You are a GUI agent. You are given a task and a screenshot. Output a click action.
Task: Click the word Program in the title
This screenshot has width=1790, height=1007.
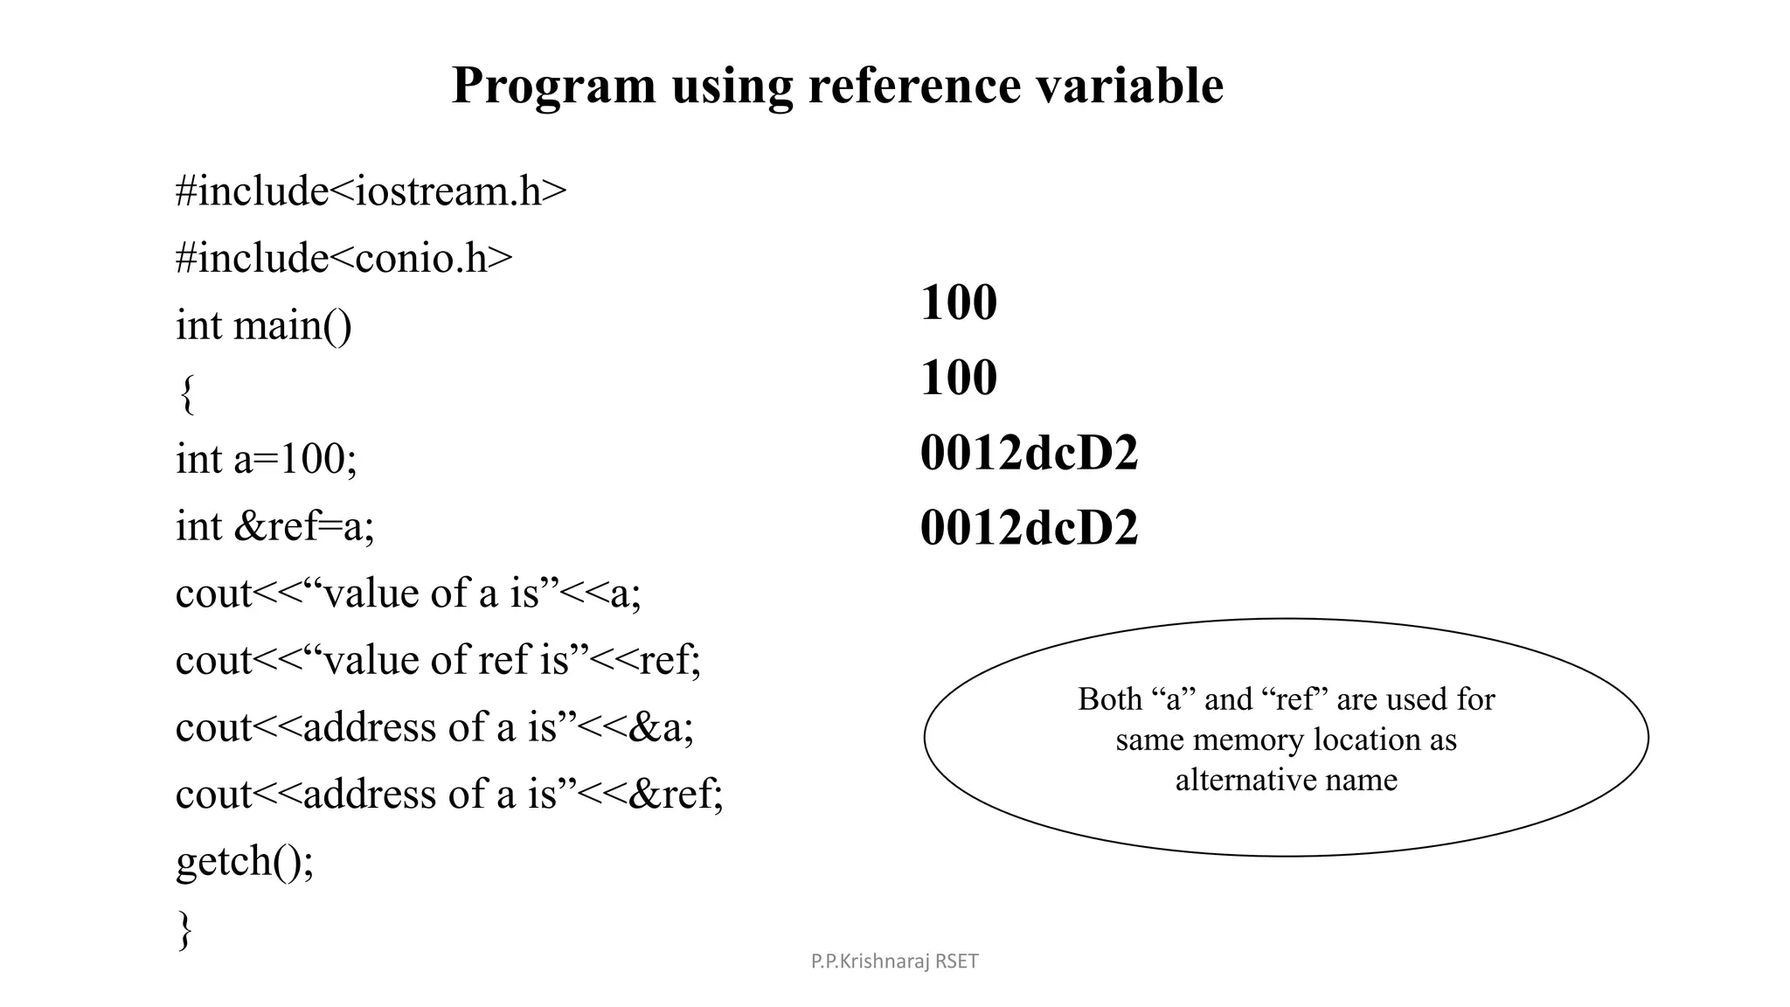553,86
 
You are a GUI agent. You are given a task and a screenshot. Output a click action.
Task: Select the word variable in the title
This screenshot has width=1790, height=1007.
1128,86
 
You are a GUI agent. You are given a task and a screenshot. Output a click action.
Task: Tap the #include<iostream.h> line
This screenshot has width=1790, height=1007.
371,191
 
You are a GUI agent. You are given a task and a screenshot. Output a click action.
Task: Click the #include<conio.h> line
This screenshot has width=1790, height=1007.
343,258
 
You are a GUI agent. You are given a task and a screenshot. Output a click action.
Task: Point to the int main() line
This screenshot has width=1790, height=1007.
263,325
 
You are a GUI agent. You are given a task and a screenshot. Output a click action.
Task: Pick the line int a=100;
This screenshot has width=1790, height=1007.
266,459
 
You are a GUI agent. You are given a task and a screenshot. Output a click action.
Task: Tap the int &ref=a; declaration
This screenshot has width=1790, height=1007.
274,526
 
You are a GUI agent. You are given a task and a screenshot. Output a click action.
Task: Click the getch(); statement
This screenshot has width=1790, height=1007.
244,861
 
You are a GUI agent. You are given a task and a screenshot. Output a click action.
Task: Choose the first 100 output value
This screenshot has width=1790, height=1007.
958,302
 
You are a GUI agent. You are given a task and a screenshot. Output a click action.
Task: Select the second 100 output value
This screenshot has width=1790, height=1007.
958,378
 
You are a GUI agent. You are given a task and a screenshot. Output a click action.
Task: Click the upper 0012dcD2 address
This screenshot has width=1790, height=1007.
1029,453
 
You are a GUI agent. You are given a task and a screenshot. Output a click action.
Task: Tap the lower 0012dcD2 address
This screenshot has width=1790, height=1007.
1029,528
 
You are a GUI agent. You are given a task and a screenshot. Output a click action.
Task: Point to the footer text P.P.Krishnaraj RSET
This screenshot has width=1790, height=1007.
894,962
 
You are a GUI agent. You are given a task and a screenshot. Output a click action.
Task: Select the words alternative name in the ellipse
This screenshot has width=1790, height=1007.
1286,779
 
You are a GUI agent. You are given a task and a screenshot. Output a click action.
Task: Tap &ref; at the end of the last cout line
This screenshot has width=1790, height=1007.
676,794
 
